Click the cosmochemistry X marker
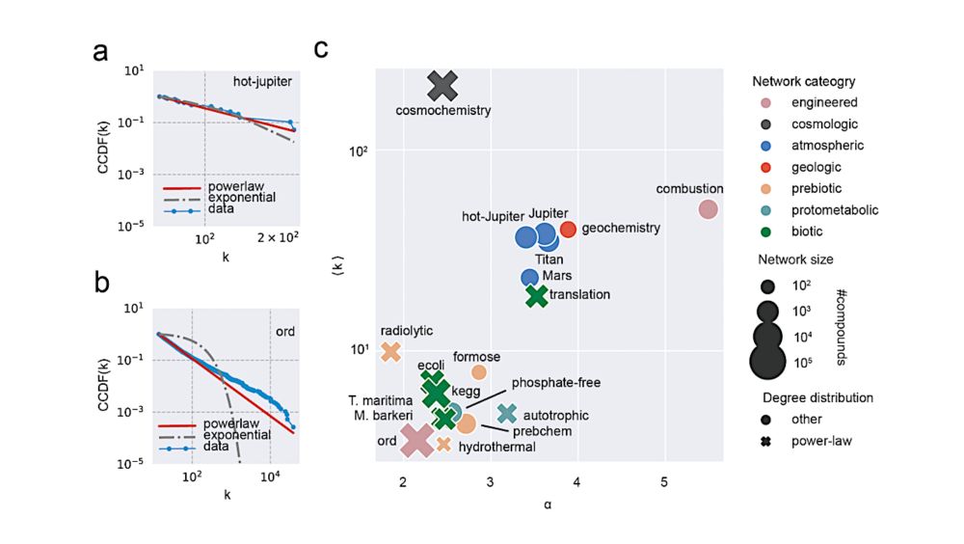pos(442,86)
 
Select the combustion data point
pos(708,209)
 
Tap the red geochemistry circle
pos(568,229)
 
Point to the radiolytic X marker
pos(390,352)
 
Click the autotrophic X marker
pos(507,413)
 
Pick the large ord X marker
pos(417,440)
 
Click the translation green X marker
pos(536,296)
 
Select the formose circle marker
pos(479,371)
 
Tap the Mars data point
pos(529,277)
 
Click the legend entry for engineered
pos(822,102)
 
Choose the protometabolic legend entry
pos(834,209)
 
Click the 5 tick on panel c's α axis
pos(664,481)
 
